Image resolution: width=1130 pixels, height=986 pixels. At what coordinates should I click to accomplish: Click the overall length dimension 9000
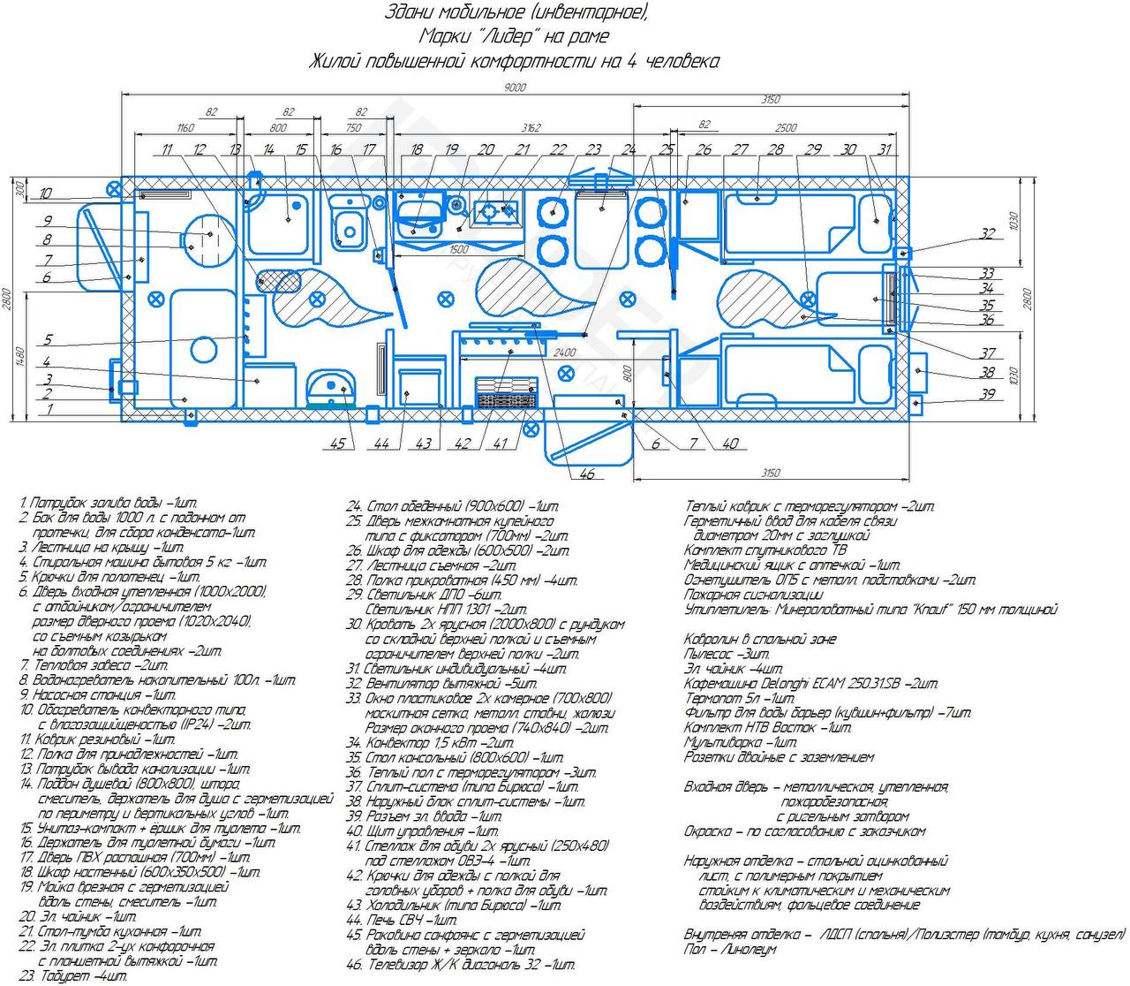click(x=515, y=87)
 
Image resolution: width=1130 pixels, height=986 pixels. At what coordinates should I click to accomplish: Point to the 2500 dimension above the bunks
click(x=784, y=128)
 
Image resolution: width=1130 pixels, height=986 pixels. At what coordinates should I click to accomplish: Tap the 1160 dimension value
click(x=184, y=128)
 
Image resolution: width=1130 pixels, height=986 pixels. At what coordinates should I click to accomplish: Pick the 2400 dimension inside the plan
click(x=565, y=351)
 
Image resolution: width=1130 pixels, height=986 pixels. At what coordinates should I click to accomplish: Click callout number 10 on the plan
click(x=46, y=193)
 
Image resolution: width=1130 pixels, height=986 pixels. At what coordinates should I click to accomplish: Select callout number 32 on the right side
click(x=987, y=234)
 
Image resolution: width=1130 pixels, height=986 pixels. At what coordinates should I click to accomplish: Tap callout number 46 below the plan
click(x=587, y=474)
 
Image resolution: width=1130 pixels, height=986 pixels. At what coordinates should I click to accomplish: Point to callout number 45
click(x=337, y=444)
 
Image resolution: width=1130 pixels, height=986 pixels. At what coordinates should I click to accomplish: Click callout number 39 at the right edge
click(x=988, y=394)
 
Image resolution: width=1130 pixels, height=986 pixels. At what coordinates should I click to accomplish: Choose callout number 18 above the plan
click(x=417, y=150)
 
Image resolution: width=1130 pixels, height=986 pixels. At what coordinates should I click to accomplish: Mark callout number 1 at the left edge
click(x=49, y=409)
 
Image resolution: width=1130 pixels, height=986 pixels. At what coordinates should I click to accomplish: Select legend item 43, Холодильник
click(x=454, y=906)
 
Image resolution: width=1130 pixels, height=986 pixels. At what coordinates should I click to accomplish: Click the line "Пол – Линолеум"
click(x=730, y=949)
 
